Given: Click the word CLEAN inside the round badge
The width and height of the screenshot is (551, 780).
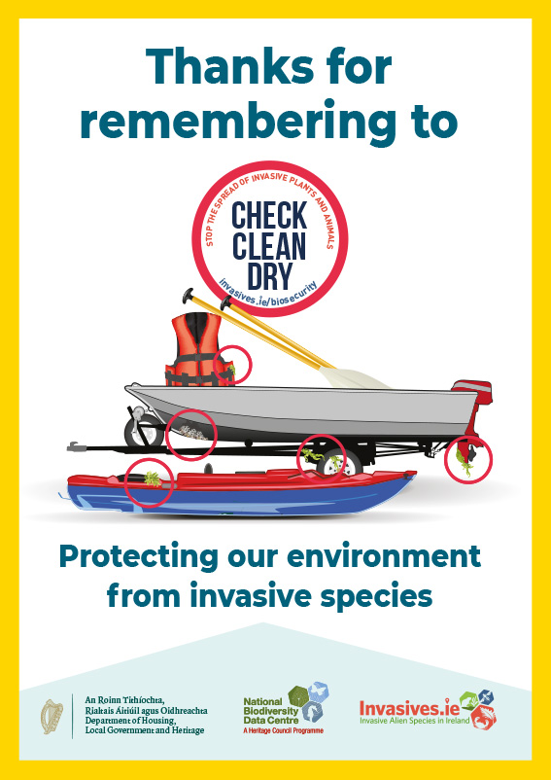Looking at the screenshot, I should (x=270, y=242).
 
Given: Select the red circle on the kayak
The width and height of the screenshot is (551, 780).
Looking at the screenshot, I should (x=150, y=480).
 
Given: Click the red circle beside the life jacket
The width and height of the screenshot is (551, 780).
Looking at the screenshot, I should (x=233, y=365).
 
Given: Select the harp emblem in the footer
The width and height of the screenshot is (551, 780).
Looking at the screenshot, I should (x=52, y=716).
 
